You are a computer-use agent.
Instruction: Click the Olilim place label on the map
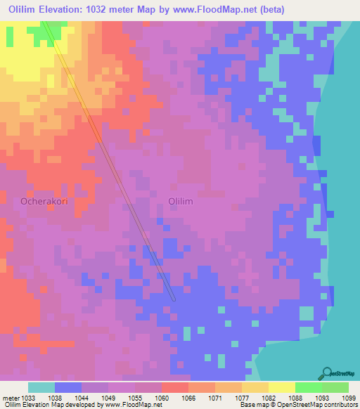tap(181, 201)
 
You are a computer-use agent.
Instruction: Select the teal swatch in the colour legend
tap(41, 387)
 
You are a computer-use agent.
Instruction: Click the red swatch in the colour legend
tap(175, 387)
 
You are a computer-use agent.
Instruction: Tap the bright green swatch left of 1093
tap(309, 387)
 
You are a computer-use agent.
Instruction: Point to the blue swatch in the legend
tap(68, 387)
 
